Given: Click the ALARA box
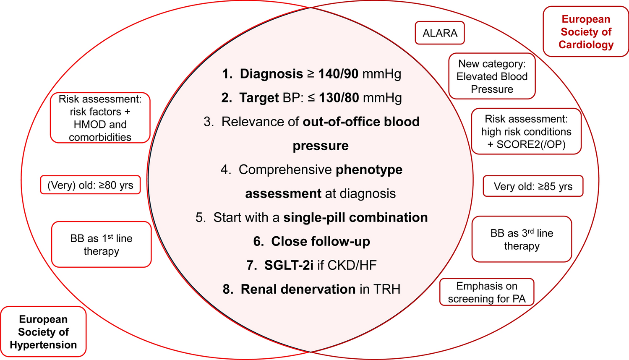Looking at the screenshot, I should point(440,33).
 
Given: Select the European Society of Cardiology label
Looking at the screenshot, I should point(586,32).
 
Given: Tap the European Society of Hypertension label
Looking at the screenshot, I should point(43,332).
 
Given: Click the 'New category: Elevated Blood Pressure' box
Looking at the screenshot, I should point(492,76).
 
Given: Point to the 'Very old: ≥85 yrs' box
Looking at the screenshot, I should point(533,186).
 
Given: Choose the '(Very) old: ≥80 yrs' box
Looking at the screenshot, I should point(90,185).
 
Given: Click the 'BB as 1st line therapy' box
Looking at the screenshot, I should point(101,245).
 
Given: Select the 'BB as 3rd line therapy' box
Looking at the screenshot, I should point(522,239).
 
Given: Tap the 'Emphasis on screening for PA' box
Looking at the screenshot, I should point(487,292).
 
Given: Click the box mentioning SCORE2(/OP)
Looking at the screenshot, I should point(526,132).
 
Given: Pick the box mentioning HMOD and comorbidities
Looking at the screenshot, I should point(100,118).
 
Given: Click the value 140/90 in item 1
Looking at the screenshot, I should point(338,74).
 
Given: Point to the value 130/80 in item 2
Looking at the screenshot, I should point(339,98).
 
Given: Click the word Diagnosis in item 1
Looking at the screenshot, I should point(271,74).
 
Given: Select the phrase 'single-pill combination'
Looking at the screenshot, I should point(355,217).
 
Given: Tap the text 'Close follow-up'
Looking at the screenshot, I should point(320,241).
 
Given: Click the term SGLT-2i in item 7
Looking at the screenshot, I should point(289,265).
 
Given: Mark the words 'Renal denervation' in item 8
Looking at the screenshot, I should point(298,289).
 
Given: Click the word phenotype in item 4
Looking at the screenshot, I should point(369,170).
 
